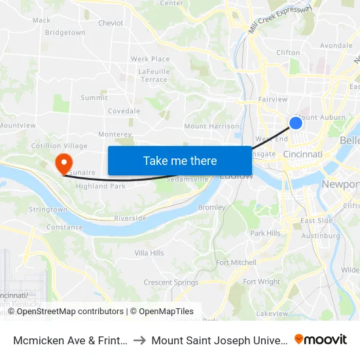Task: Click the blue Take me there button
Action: (179, 160)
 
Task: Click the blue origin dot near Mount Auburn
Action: (295, 122)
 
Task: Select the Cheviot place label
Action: (111, 23)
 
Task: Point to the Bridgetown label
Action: (65, 32)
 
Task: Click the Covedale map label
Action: (124, 111)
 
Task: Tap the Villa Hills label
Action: (149, 253)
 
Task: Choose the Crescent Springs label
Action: (171, 283)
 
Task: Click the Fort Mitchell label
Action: (236, 262)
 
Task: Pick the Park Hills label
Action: (265, 233)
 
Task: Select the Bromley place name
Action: (211, 207)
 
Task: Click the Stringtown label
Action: (48, 209)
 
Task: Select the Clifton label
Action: (288, 52)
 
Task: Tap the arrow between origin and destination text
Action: (141, 340)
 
